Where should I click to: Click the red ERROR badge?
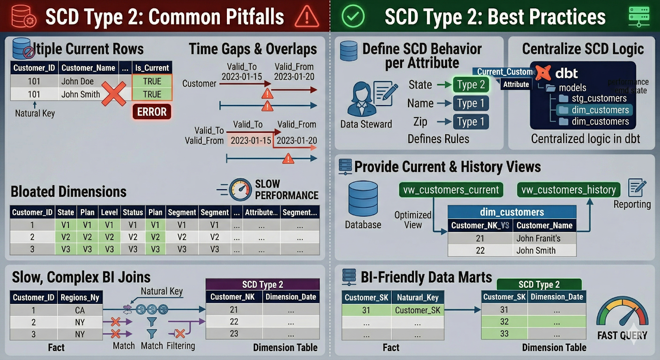pyautogui.click(x=152, y=112)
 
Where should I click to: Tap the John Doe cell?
pyautogui.click(x=78, y=81)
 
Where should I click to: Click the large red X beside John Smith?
pyautogui.click(x=113, y=94)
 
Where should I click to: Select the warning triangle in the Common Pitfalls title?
pyautogui.click(x=307, y=17)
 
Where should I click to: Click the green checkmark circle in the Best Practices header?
pyautogui.click(x=353, y=16)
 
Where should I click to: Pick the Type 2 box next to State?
pyautogui.click(x=471, y=85)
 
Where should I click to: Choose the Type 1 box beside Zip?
pyautogui.click(x=471, y=122)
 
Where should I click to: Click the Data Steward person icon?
pyautogui.click(x=361, y=99)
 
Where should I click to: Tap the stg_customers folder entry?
pyautogui.click(x=599, y=98)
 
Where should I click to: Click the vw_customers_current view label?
pyautogui.click(x=451, y=190)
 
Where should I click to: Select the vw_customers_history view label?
pyautogui.click(x=568, y=190)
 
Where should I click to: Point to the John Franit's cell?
pyautogui.click(x=538, y=238)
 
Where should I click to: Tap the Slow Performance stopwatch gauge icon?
pyautogui.click(x=240, y=190)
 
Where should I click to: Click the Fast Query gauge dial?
pyautogui.click(x=622, y=313)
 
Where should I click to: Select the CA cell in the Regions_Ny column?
pyautogui.click(x=80, y=310)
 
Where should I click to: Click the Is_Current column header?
pyautogui.click(x=152, y=68)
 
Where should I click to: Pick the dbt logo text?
pyautogui.click(x=566, y=73)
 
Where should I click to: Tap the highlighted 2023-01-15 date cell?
pyautogui.click(x=251, y=141)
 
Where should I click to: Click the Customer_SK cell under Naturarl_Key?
pyautogui.click(x=417, y=310)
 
